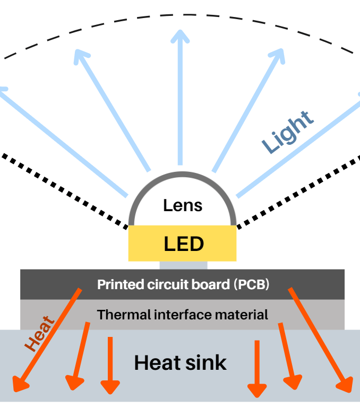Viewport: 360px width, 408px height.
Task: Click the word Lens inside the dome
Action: (183, 205)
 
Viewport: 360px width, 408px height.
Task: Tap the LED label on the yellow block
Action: (183, 244)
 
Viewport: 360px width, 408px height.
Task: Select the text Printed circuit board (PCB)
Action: (183, 284)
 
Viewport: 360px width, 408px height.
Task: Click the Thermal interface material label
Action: (183, 314)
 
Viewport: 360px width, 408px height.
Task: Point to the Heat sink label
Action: (181, 363)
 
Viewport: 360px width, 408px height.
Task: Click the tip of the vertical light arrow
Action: (180, 33)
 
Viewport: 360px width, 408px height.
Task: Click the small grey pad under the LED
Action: (183, 265)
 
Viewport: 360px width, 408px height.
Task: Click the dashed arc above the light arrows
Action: (181, 12)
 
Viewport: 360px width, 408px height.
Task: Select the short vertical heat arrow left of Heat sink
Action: (110, 366)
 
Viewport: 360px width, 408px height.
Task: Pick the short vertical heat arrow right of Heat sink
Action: (257, 369)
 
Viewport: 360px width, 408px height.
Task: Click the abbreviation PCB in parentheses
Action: (252, 284)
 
